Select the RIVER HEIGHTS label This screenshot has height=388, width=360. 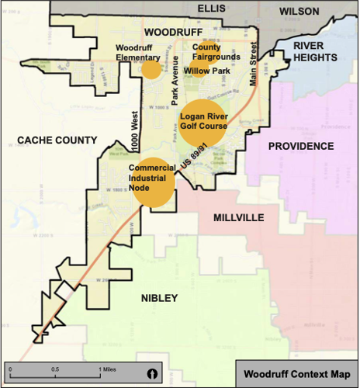tap(315, 52)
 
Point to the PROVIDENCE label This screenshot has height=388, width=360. tap(301, 146)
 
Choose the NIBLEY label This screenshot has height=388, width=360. tap(160, 298)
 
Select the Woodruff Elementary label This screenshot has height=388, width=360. tap(137, 52)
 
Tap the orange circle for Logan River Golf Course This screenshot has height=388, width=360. tap(203, 122)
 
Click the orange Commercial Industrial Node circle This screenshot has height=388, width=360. tap(153, 183)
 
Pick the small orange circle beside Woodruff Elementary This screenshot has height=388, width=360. tap(151, 69)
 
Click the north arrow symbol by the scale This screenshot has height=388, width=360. tap(153, 373)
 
